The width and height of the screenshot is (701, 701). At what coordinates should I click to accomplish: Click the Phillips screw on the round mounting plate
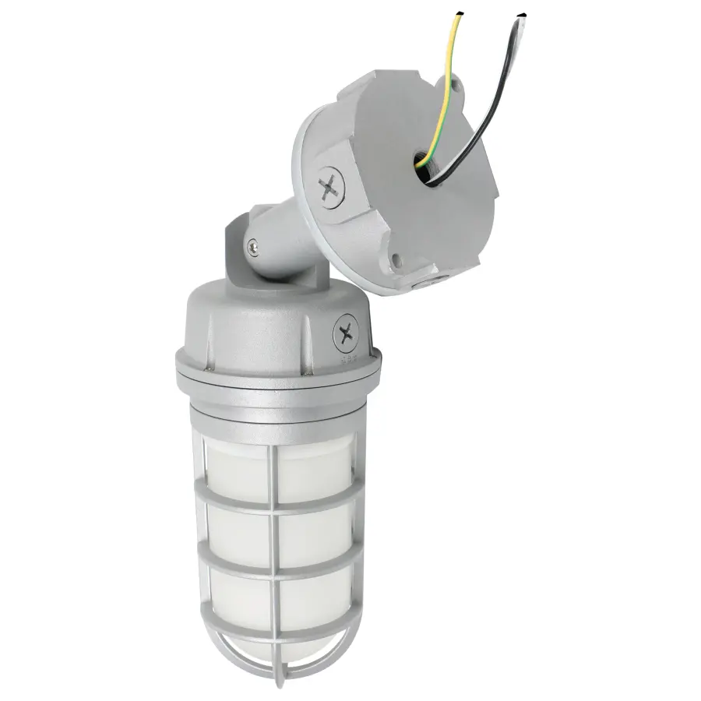coord(330,187)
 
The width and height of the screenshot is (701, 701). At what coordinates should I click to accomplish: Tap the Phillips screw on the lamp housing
coord(345,335)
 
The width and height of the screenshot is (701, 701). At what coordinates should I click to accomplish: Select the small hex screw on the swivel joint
coord(252,248)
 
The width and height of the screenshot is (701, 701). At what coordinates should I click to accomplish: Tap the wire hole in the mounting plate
coord(427,170)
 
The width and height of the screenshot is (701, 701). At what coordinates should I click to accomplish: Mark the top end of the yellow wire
coord(459,14)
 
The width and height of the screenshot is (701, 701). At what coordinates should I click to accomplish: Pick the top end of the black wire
coord(521,16)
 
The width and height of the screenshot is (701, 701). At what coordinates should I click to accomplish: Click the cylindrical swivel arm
coord(280,238)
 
